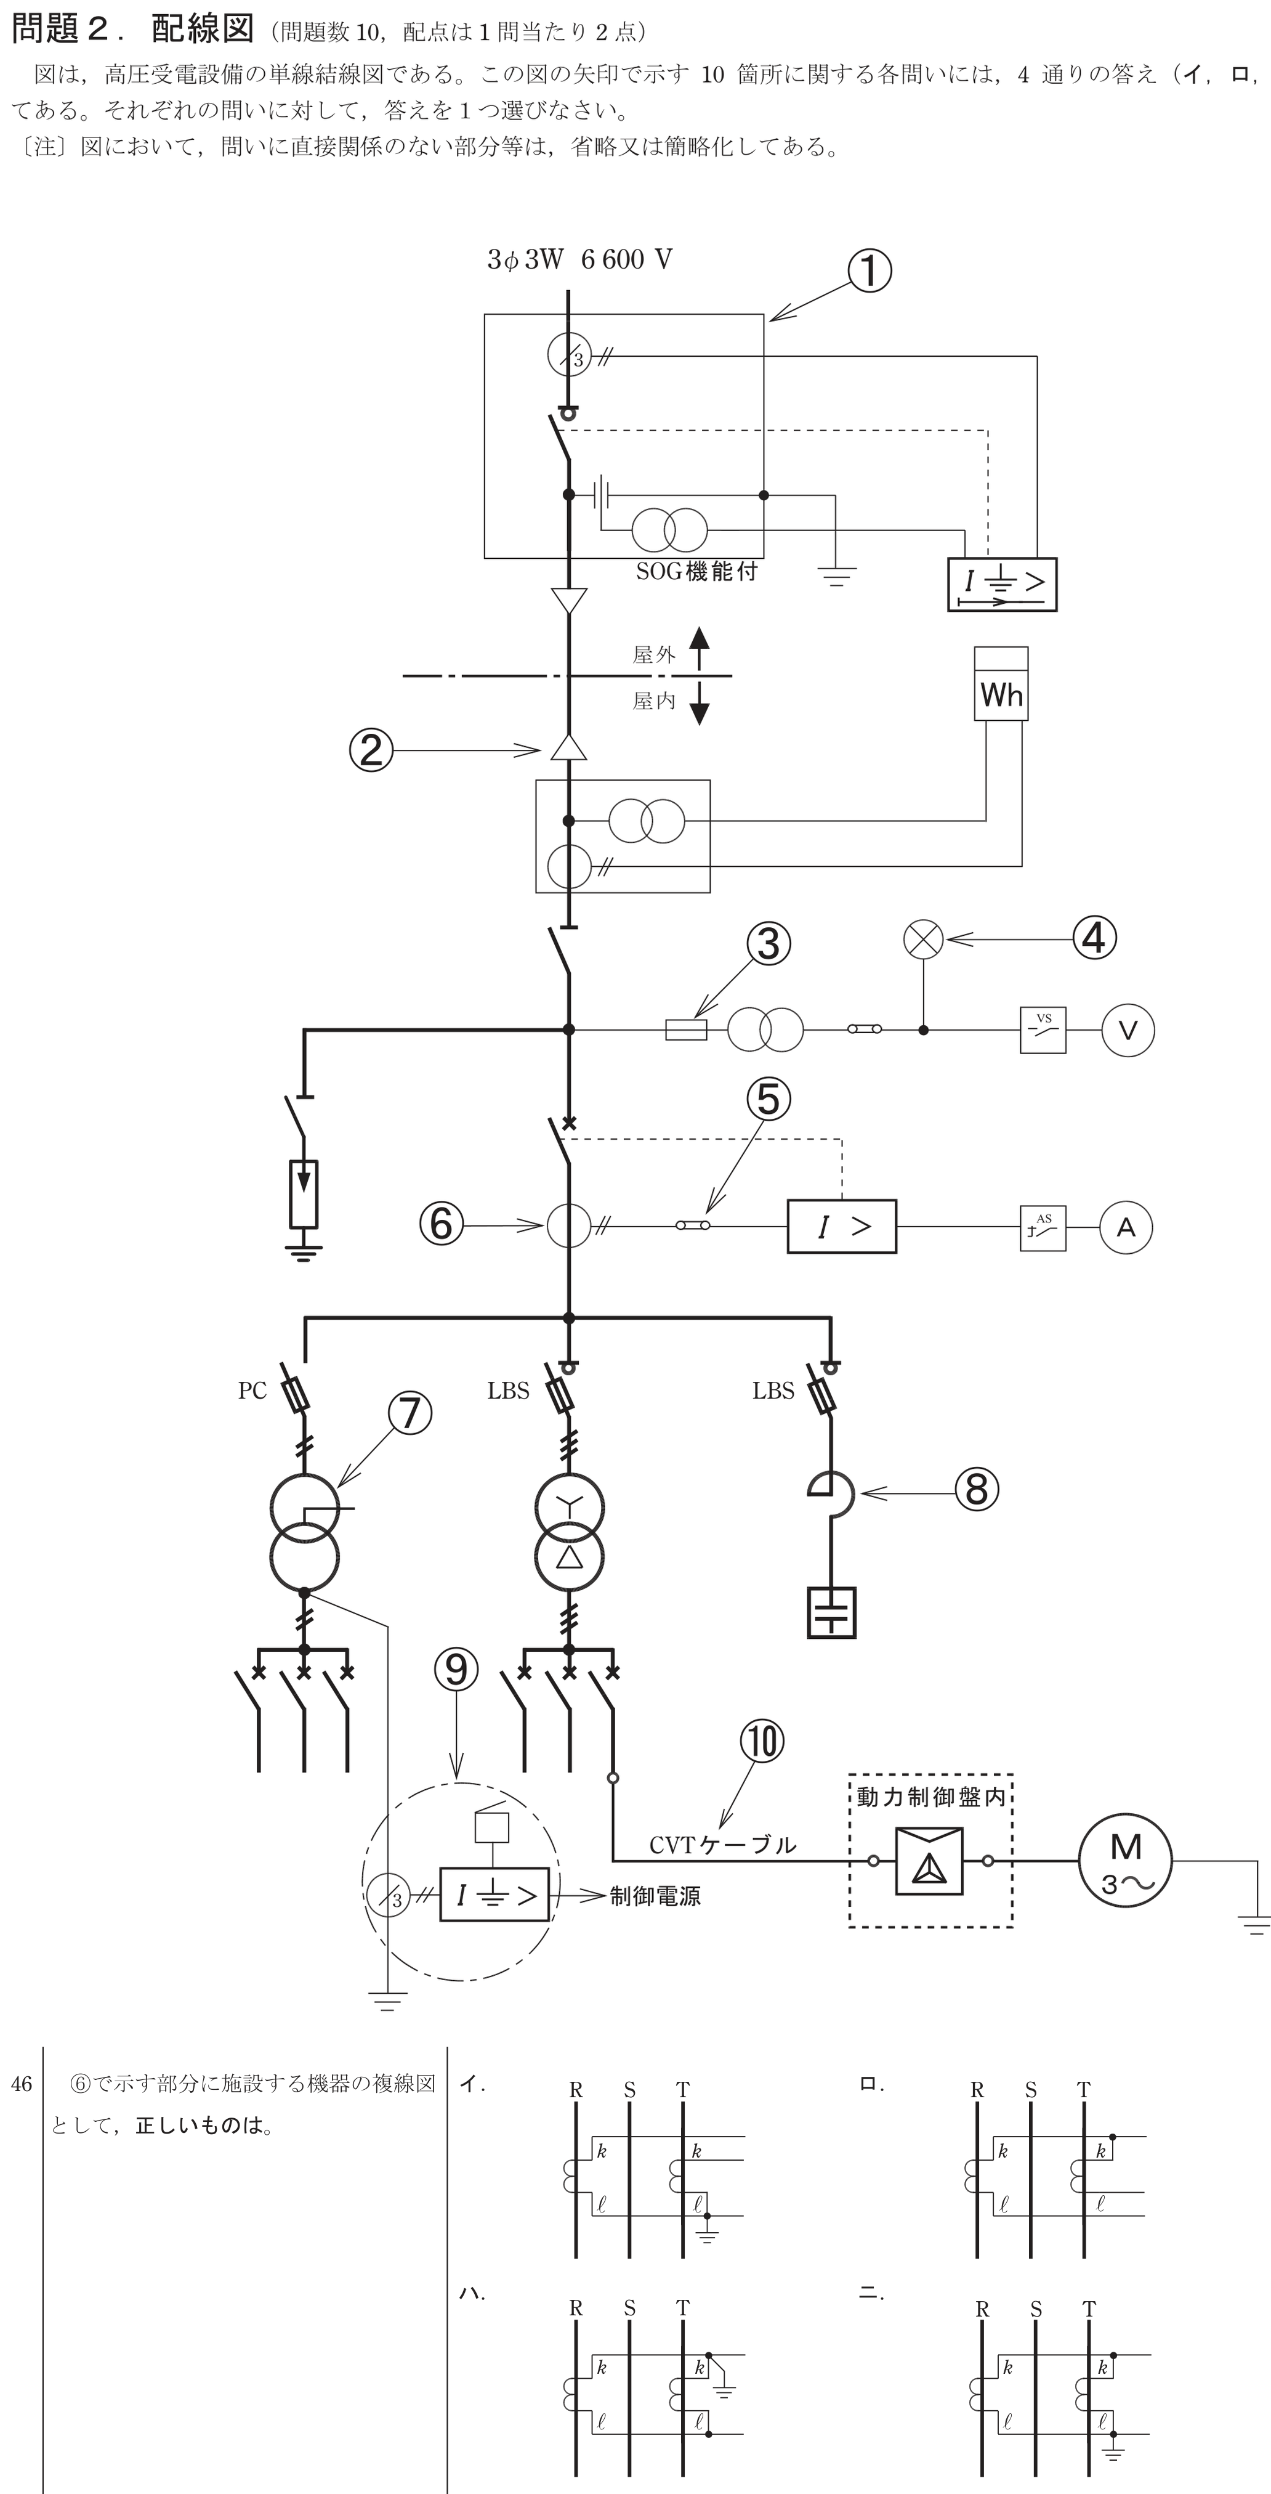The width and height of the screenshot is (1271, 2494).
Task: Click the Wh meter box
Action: click(1001, 683)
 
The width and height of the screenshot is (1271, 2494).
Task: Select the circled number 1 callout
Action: click(870, 271)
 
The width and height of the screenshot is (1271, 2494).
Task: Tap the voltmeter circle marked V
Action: click(1128, 1030)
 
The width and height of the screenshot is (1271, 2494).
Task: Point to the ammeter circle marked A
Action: click(1126, 1228)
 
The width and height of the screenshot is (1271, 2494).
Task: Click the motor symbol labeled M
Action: click(1125, 1861)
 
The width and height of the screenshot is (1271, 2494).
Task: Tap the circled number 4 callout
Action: click(1095, 938)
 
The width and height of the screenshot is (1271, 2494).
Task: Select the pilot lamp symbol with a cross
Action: click(924, 939)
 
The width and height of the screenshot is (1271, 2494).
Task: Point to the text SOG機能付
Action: click(696, 571)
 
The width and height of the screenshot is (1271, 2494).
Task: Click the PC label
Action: click(252, 1391)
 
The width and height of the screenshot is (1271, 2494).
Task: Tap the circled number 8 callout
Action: click(977, 1490)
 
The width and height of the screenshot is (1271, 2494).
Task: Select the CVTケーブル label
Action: click(723, 1845)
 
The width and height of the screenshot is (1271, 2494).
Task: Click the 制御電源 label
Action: click(655, 1896)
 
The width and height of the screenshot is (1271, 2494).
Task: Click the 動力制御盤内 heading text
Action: click(931, 1797)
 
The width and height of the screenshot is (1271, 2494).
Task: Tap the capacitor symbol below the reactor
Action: click(831, 1612)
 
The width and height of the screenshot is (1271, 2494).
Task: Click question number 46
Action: click(22, 2084)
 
